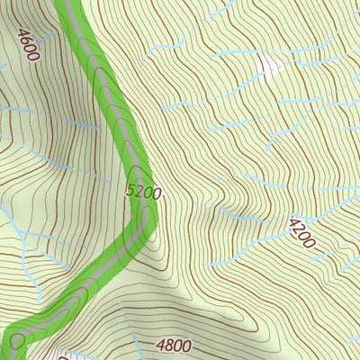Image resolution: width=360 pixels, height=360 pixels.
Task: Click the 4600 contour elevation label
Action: [28, 43]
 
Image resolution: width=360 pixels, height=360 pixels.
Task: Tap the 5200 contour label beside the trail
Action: [144, 191]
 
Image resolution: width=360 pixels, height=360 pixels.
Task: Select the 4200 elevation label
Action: [302, 233]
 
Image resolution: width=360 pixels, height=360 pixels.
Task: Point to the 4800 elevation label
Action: [174, 345]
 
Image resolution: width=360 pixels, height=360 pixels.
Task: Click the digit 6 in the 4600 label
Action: [25, 39]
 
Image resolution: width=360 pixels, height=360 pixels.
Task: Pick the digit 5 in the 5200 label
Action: [131, 191]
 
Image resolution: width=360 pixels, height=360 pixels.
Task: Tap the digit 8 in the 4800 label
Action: [167, 345]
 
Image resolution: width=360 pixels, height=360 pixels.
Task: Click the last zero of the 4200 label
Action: [311, 243]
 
